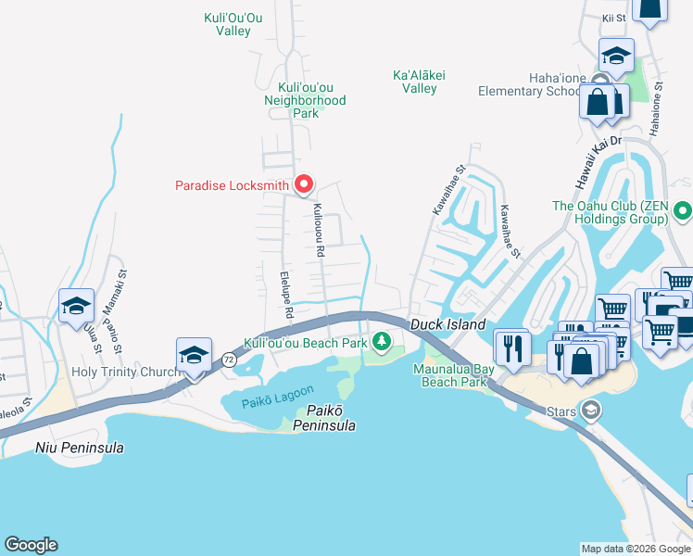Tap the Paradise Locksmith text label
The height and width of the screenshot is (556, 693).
tap(232, 185)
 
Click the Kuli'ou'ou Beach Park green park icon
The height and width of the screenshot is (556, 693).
tap(381, 344)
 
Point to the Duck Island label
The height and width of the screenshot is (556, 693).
tap(448, 325)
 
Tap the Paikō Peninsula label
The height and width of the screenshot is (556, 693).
tap(324, 417)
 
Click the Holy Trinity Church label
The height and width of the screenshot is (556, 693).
tap(124, 372)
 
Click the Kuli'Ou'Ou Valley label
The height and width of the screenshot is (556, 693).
tap(227, 24)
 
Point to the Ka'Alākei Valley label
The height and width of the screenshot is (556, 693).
tap(414, 82)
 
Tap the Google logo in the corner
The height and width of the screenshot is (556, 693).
tap(31, 545)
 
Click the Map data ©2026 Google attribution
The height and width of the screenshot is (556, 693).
tap(635, 549)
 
